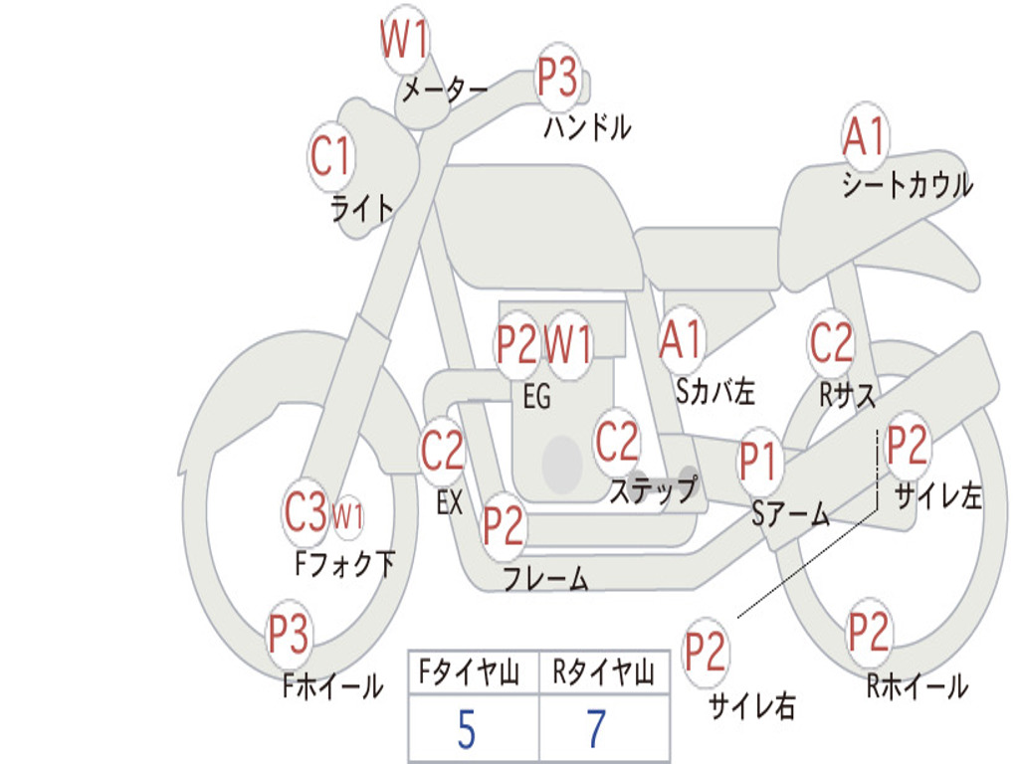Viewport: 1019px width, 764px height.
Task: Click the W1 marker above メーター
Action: (x=405, y=43)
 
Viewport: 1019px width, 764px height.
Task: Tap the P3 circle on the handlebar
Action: (x=558, y=78)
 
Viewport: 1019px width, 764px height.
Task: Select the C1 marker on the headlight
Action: (x=331, y=157)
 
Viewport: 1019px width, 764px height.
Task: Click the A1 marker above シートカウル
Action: (x=864, y=137)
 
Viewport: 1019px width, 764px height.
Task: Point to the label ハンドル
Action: (x=587, y=127)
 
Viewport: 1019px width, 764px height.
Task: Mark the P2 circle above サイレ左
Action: (x=908, y=447)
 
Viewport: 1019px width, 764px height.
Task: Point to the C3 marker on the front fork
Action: (x=305, y=512)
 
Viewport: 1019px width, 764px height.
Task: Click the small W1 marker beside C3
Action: (x=347, y=517)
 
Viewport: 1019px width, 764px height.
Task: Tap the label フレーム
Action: (x=545, y=579)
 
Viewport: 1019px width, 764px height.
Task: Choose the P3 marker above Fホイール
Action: (x=289, y=634)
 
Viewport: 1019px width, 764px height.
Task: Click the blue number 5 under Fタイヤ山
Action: (x=466, y=730)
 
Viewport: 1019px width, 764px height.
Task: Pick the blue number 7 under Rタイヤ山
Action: (x=596, y=730)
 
